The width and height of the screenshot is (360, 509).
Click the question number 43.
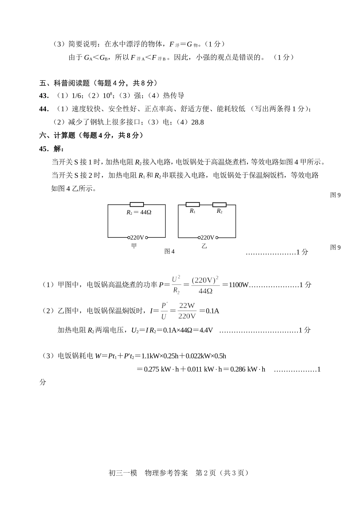tap(44, 96)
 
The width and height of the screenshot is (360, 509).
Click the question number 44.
tap(44, 109)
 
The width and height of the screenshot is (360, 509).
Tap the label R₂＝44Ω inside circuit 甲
tap(139, 212)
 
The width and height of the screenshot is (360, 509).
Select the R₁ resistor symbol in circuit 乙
tap(193, 205)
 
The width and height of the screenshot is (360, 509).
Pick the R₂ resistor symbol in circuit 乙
tap(219, 205)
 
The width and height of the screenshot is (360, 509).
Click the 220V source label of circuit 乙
tap(207, 237)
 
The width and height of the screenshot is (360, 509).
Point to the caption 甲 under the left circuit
tap(134, 246)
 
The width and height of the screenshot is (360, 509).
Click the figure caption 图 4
tap(169, 251)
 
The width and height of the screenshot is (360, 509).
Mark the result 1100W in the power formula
tap(238, 285)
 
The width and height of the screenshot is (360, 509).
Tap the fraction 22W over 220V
tap(187, 311)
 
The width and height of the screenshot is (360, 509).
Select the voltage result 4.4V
tap(206, 330)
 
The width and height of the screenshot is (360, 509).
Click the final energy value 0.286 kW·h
tap(247, 369)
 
